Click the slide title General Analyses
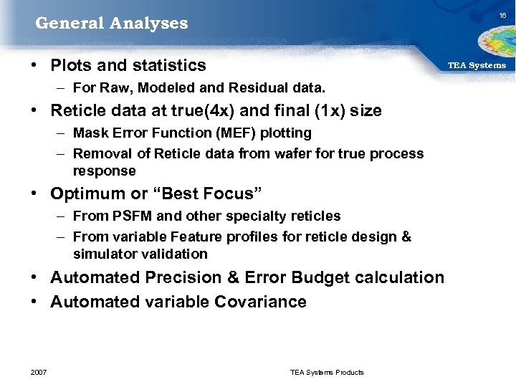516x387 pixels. (112, 24)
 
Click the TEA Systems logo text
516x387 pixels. (477, 65)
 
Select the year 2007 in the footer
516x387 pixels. (39, 372)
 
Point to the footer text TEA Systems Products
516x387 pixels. (327, 372)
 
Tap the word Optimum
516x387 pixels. (83, 194)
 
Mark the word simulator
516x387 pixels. (101, 254)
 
